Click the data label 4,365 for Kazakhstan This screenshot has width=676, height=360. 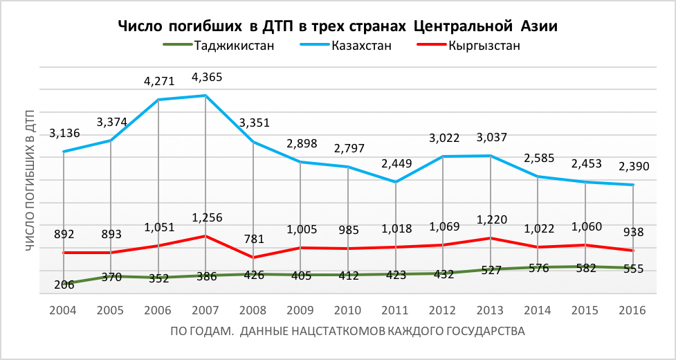(x=207, y=77)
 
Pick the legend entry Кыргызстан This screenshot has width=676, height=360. (x=484, y=46)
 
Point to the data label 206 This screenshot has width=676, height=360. (x=64, y=284)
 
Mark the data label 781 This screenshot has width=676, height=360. (x=253, y=240)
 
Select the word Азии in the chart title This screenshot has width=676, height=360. (x=537, y=26)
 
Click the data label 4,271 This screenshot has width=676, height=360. (x=159, y=82)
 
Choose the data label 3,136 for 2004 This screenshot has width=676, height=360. (x=64, y=133)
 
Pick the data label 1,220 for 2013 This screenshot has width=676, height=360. (x=491, y=219)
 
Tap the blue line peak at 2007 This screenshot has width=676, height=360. (x=206, y=96)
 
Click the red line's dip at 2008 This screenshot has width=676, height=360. (x=253, y=258)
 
